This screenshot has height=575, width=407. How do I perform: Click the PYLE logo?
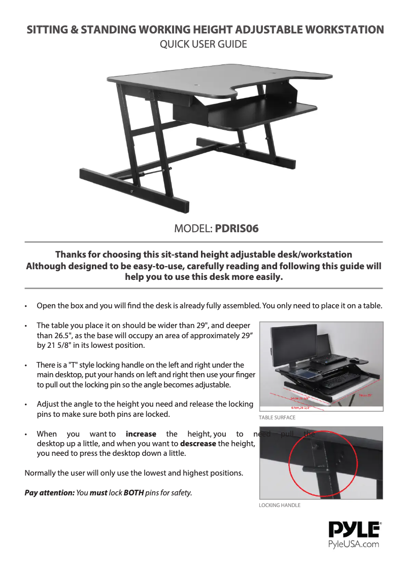coord(355,530)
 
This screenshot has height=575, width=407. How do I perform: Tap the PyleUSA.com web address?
coord(354,545)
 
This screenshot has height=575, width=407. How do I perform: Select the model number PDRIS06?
coord(237,229)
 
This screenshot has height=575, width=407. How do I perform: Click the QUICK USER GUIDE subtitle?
coord(203,45)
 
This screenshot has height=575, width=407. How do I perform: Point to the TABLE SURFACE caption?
coord(277,418)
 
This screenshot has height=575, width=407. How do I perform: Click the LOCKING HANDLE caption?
coord(280,506)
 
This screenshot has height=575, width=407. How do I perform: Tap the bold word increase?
coord(141,434)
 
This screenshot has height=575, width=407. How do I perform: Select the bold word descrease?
coord(198,444)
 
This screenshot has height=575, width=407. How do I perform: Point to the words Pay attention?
coord(49,492)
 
